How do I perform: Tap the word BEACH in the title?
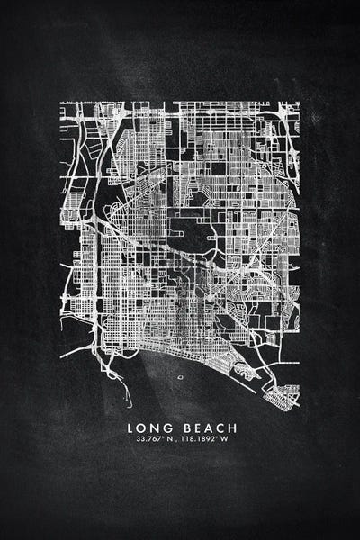coord(205,427)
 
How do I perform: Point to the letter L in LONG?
coord(130,427)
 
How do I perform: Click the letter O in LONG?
coord(139,427)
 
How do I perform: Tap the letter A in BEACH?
coord(204,427)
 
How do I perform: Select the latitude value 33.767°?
coord(146,439)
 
